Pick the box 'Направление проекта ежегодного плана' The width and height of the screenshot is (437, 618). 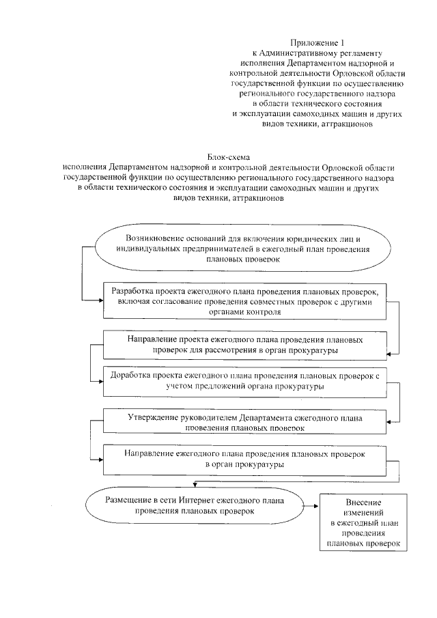[x=244, y=344]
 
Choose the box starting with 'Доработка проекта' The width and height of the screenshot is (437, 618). [x=244, y=381]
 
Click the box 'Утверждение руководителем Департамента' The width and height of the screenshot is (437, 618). [x=244, y=421]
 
